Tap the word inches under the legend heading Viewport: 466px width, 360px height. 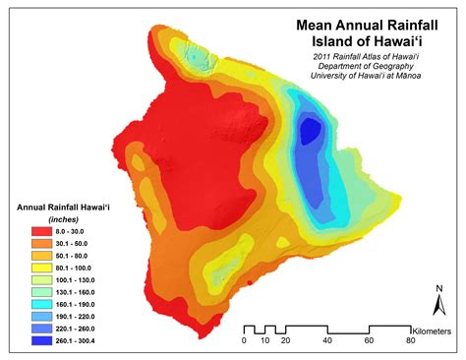pos(64,220)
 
